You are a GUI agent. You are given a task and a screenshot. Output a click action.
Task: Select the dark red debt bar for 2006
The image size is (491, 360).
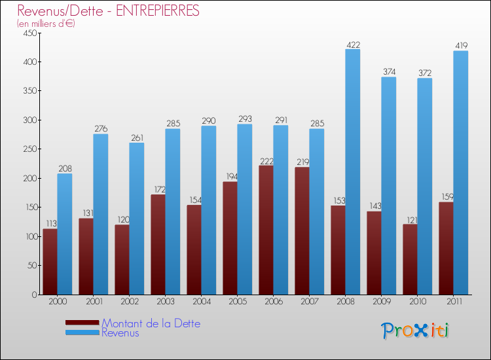(x=266, y=230)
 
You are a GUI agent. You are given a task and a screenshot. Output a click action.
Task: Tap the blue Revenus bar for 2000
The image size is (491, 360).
(x=65, y=234)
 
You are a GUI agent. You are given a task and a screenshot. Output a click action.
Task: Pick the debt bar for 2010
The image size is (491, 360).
(x=410, y=259)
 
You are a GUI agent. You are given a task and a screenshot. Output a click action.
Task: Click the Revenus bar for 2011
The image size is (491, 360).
(x=461, y=173)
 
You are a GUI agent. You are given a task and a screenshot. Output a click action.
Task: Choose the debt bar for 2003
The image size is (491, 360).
(x=158, y=244)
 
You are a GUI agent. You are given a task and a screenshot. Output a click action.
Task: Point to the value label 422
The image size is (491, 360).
(x=353, y=45)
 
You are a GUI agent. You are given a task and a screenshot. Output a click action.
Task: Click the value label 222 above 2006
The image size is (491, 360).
(x=266, y=161)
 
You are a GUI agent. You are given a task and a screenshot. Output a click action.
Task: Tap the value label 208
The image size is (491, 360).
(x=65, y=169)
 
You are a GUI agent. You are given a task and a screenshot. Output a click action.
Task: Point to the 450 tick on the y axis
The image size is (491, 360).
(x=28, y=33)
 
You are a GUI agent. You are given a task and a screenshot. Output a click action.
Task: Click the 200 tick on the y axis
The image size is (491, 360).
(x=28, y=178)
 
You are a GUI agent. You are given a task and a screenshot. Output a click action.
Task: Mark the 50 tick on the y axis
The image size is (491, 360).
(x=30, y=266)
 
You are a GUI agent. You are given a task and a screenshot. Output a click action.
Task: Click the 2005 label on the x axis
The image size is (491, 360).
(x=237, y=302)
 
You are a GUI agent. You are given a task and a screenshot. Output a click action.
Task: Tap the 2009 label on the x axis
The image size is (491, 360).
(x=381, y=302)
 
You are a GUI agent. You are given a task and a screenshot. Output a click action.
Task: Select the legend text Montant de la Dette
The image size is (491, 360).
(x=151, y=323)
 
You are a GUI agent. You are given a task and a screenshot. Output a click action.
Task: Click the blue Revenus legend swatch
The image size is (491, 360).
(x=82, y=333)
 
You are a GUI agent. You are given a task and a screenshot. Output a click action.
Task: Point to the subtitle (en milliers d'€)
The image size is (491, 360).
(x=46, y=24)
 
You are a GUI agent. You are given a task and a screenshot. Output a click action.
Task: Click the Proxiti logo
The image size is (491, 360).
(x=415, y=331)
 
